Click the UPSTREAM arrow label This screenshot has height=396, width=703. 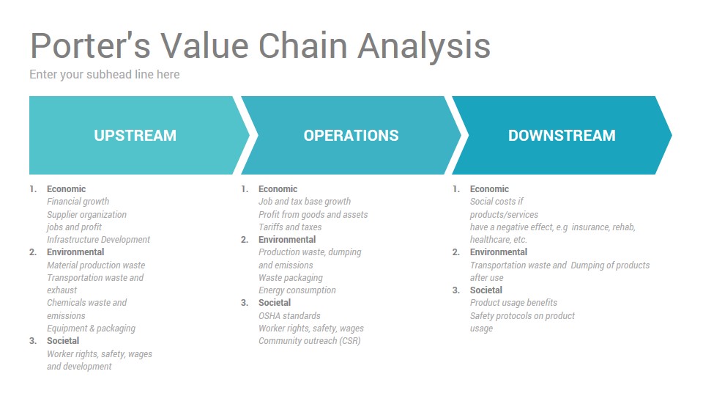point(135,135)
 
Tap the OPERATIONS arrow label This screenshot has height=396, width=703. point(351,135)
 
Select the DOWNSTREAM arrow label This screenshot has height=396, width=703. point(562,135)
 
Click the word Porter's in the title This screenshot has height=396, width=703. point(90,45)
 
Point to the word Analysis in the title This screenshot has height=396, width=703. point(424,47)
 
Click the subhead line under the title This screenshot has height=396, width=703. point(105,74)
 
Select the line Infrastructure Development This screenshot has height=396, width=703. point(98,239)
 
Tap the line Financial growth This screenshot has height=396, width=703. point(78,202)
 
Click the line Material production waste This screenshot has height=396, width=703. point(96,265)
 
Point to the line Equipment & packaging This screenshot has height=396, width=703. point(91,329)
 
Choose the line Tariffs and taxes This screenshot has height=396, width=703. point(290,227)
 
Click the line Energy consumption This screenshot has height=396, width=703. point(297,290)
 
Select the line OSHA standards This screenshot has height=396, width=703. point(289,315)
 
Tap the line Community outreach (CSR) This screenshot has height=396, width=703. point(309,341)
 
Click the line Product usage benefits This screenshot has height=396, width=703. point(513,303)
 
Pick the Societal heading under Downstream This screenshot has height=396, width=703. point(486,290)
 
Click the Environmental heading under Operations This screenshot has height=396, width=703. point(287,239)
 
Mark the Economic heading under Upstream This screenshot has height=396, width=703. point(67,189)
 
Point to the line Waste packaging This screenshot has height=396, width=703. point(291,277)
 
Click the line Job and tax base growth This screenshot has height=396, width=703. point(305,202)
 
